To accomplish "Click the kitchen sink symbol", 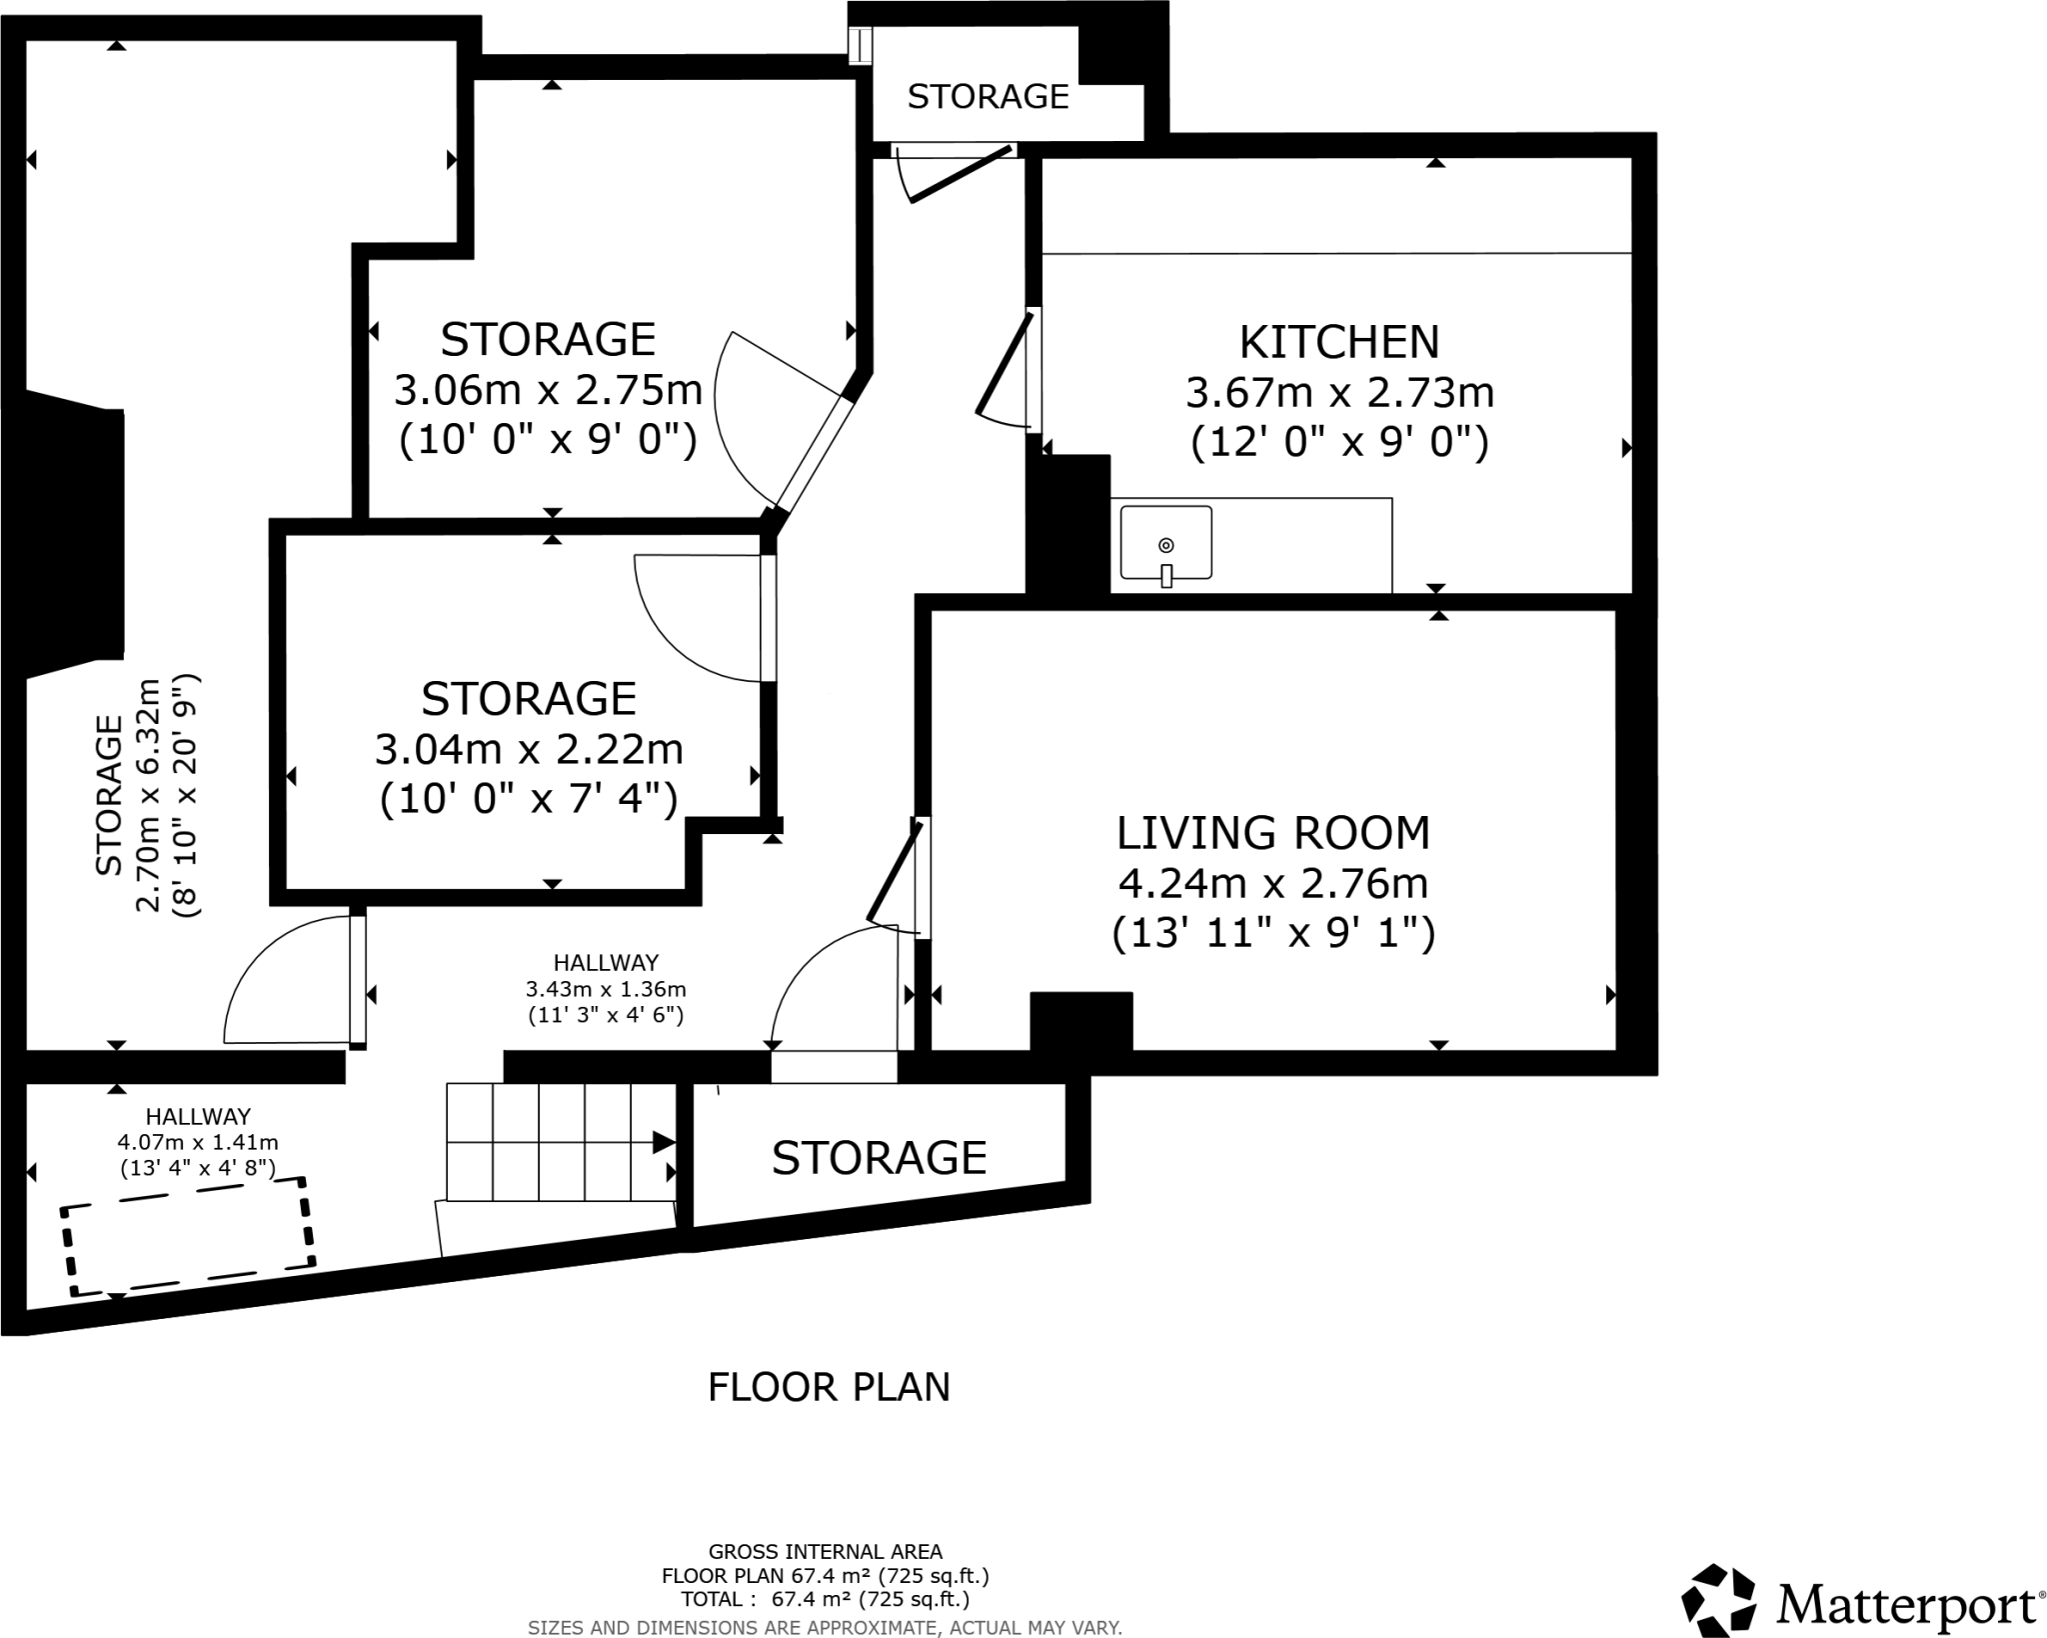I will tap(1165, 543).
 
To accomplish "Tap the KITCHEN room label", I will tap(1339, 342).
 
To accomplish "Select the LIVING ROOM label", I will tap(1272, 832).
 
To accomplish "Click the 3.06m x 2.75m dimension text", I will tap(548, 390).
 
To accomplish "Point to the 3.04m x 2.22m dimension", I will tap(529, 748).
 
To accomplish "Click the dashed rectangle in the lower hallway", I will tap(188, 1236).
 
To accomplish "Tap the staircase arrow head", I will tap(664, 1142).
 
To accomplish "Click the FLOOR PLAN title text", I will tap(829, 1387).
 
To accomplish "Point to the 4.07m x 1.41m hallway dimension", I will tap(198, 1142).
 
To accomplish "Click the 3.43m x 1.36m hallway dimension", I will tap(606, 990).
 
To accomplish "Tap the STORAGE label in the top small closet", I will tap(988, 97).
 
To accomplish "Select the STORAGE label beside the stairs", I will tap(879, 1157).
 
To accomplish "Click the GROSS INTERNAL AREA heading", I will tap(825, 1552).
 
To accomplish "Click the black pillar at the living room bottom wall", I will tap(1080, 1020).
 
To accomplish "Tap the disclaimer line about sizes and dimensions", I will tap(825, 1628).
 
